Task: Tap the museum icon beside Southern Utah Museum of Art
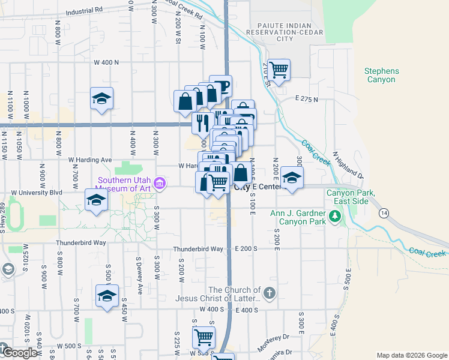pos(159,183)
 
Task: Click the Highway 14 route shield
pos(383,213)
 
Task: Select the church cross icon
pos(269,293)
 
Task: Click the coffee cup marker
pos(221,86)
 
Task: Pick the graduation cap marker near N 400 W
pos(102,98)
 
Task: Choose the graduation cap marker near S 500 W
pos(107,295)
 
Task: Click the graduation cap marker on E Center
pos(292,178)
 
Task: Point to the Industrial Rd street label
pos(85,11)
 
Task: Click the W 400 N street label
pos(106,62)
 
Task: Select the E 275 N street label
pos(306,98)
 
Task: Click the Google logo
pos(20,353)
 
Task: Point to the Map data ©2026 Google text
pos(411,355)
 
